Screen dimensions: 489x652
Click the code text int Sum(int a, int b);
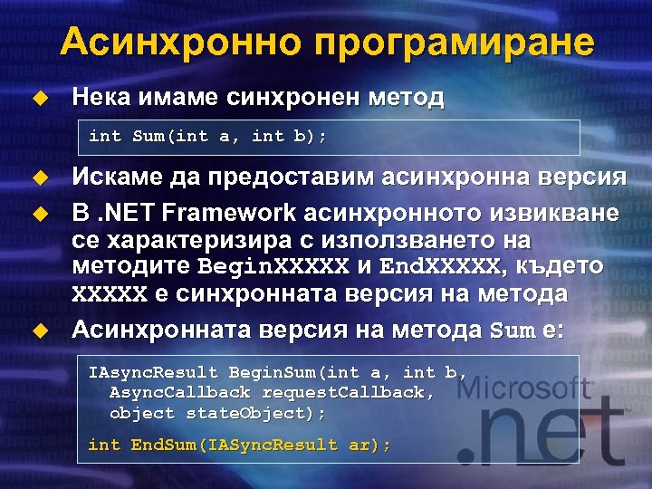click(208, 137)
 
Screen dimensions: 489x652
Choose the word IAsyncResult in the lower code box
click(153, 372)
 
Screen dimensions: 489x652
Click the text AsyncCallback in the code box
click(180, 392)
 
